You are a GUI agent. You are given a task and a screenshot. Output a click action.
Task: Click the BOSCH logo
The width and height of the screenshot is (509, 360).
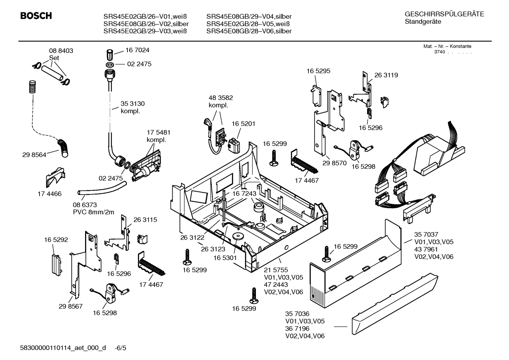pos(36,16)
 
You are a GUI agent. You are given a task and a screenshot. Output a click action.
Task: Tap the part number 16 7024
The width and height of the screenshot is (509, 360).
pos(137,50)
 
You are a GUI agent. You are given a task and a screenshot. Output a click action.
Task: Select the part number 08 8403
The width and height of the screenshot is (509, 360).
pos(61,51)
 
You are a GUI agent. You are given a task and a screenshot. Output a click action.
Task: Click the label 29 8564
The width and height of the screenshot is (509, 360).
pos(34,155)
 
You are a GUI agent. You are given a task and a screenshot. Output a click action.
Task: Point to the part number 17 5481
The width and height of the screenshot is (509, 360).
pos(158,132)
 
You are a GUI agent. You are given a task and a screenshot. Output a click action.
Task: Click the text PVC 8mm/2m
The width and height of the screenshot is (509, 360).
pos(94,212)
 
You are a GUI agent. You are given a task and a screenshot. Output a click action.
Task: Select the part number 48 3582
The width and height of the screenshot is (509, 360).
pos(221,98)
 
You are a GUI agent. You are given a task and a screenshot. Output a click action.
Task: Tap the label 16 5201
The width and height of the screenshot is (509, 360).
pos(243,124)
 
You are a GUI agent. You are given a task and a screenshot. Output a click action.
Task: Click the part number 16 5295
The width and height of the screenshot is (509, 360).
pos(318,71)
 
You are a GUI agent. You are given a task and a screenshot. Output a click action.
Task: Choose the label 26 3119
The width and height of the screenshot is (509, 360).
pos(386,75)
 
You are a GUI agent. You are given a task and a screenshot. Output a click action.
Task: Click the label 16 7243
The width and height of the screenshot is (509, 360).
pos(244,194)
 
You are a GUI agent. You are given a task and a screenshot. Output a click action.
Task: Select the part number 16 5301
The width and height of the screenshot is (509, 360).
pos(225,258)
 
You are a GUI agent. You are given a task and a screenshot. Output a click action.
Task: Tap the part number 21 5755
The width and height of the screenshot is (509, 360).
pos(276,270)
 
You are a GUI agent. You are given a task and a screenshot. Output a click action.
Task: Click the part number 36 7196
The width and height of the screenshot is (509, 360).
pos(297,329)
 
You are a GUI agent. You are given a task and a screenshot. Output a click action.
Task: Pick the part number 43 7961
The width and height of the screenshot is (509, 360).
pos(426,249)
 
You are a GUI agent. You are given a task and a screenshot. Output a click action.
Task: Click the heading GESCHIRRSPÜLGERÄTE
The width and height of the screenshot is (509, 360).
pos(444,14)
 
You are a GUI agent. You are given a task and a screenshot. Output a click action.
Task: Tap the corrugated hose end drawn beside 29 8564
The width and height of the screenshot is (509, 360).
pos(64,148)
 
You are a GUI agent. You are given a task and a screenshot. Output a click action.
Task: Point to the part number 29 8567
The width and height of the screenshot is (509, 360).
pos(71,306)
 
